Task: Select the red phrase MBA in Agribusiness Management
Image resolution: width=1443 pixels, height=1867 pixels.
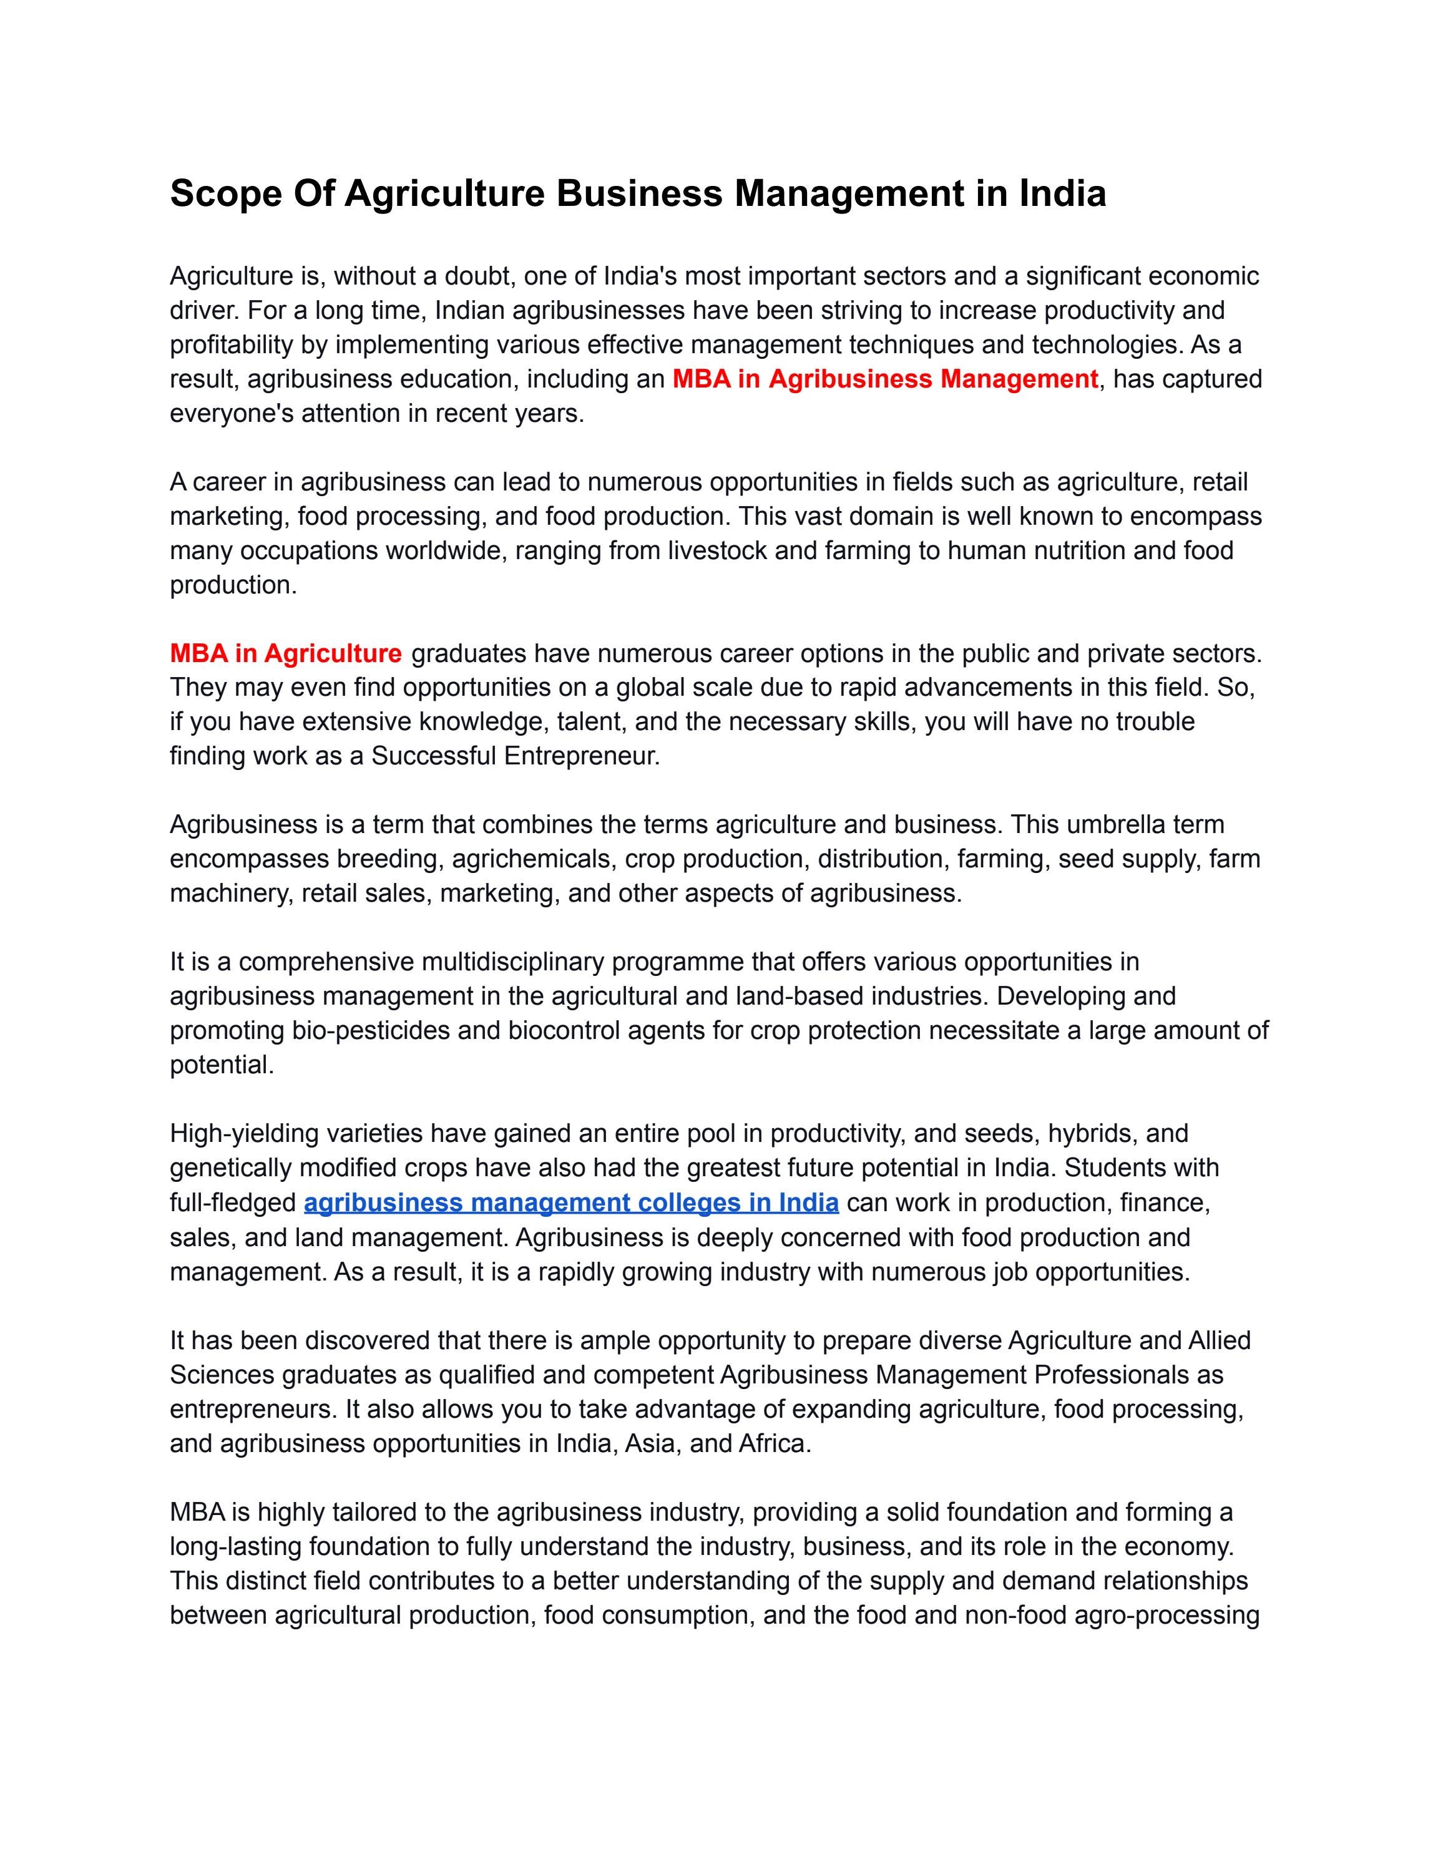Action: [x=885, y=379]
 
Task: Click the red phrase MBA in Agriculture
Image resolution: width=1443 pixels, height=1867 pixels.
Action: [x=285, y=653]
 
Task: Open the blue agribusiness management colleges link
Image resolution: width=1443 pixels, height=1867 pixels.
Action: [x=571, y=1203]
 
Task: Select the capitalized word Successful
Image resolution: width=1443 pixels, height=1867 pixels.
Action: [x=433, y=756]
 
